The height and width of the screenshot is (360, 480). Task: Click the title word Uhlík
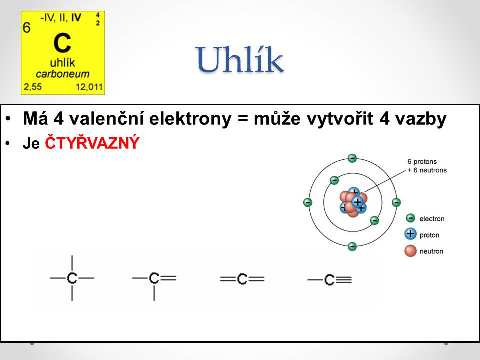(x=240, y=60)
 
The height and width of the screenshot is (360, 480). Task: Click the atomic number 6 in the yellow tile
(x=27, y=28)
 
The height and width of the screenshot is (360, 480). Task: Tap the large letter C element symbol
(x=62, y=43)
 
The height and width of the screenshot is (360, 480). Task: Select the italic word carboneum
(x=63, y=74)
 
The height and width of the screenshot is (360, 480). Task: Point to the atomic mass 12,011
(x=89, y=87)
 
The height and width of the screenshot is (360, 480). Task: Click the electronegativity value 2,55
(x=33, y=87)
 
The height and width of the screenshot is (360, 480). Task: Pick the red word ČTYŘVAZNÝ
(x=92, y=143)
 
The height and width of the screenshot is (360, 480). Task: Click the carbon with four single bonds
(x=72, y=278)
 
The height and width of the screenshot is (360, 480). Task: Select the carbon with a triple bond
(x=329, y=280)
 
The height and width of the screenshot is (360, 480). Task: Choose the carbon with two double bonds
(x=242, y=279)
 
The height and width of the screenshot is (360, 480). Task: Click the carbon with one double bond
(x=154, y=278)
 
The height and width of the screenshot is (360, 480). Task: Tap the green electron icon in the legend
(x=410, y=218)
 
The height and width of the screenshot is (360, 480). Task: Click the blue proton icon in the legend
(x=410, y=234)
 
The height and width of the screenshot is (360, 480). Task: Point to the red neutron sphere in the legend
(x=410, y=251)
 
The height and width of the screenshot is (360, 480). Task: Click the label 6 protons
(x=422, y=161)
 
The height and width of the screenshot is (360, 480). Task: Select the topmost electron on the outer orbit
(x=352, y=158)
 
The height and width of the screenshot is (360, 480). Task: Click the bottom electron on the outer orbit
(x=352, y=246)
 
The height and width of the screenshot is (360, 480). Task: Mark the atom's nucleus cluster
(x=353, y=202)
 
